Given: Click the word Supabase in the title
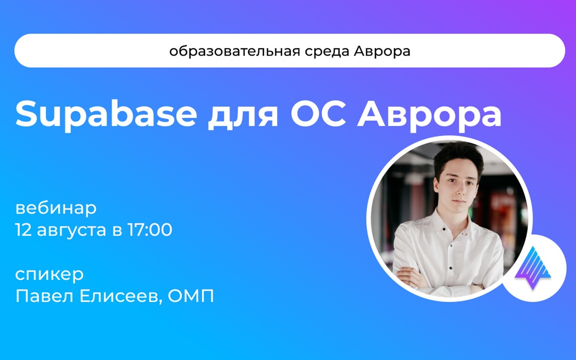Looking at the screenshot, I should click(x=106, y=114).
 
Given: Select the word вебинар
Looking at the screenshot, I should click(x=56, y=207).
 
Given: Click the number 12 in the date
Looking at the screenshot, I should click(x=25, y=230).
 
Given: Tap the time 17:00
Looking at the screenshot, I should click(x=149, y=230).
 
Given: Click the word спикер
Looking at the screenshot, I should click(x=50, y=275).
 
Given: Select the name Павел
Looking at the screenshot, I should click(x=39, y=296).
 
